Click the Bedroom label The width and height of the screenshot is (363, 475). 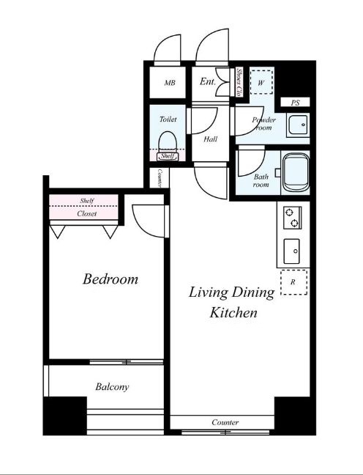click(x=110, y=279)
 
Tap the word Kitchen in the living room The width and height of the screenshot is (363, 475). click(x=233, y=312)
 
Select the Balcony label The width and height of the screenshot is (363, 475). click(x=112, y=387)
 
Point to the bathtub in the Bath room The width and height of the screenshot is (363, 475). click(x=296, y=172)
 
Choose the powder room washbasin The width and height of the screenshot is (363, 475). click(x=299, y=125)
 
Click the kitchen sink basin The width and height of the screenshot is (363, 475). click(x=291, y=251)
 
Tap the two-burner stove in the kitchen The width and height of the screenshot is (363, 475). click(x=292, y=218)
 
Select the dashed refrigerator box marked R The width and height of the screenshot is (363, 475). click(x=293, y=282)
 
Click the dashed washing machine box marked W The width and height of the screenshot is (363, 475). click(x=261, y=82)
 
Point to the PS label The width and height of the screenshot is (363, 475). click(x=295, y=103)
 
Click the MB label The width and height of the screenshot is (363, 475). click(x=170, y=83)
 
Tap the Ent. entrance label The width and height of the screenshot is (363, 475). click(x=208, y=81)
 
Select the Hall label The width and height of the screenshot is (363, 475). click(x=211, y=139)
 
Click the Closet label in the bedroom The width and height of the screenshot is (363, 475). click(x=87, y=213)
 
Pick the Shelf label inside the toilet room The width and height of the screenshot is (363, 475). click(x=168, y=156)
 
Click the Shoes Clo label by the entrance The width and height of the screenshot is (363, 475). click(x=239, y=82)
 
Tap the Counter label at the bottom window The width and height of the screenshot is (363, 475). click(x=225, y=422)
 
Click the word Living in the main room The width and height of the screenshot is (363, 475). click(x=209, y=292)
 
